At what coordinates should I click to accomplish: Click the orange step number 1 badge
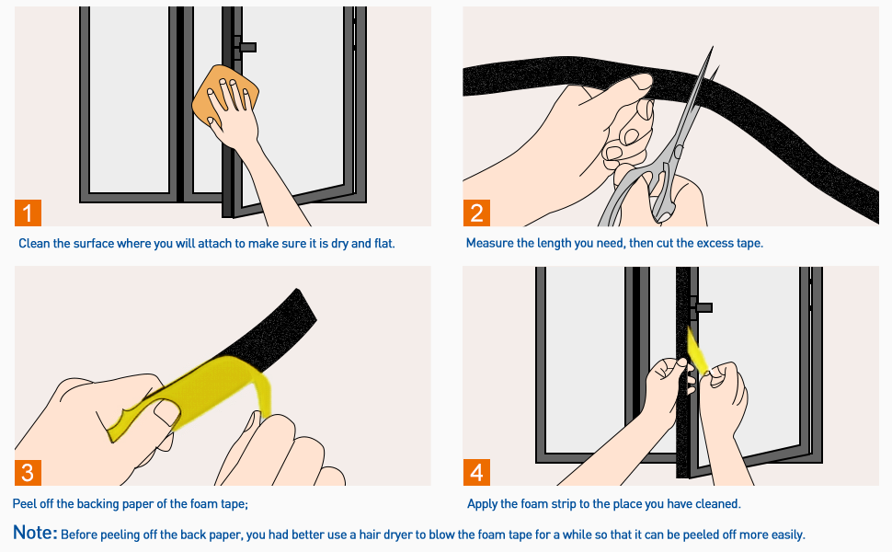[28, 213]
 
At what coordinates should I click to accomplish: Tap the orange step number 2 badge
[476, 213]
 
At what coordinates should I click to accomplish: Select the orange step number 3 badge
[28, 473]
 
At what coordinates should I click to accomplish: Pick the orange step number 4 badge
[476, 473]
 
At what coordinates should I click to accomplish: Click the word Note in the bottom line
[35, 534]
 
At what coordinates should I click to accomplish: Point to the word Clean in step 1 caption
[35, 244]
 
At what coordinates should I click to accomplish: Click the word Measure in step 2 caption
[490, 244]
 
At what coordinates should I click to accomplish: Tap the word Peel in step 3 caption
[25, 504]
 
